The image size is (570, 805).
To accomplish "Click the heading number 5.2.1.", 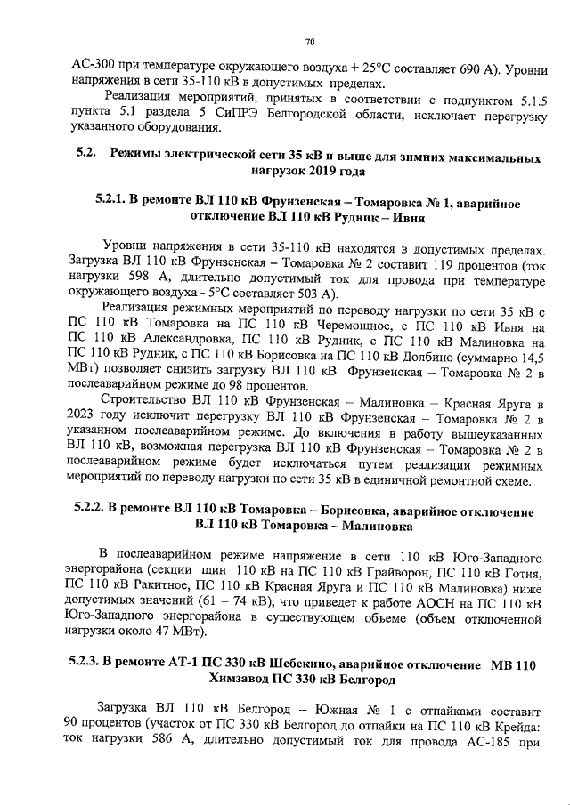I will point(110,204).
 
